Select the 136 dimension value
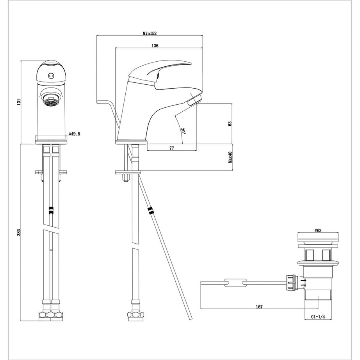(x=155, y=46)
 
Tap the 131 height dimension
(x=18, y=102)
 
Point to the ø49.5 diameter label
(x=74, y=134)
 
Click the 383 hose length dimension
(x=18, y=233)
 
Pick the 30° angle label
(x=183, y=130)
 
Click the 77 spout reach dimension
(x=171, y=148)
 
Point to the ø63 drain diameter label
(x=317, y=231)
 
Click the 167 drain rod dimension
(x=258, y=307)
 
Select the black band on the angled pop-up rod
(x=151, y=211)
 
